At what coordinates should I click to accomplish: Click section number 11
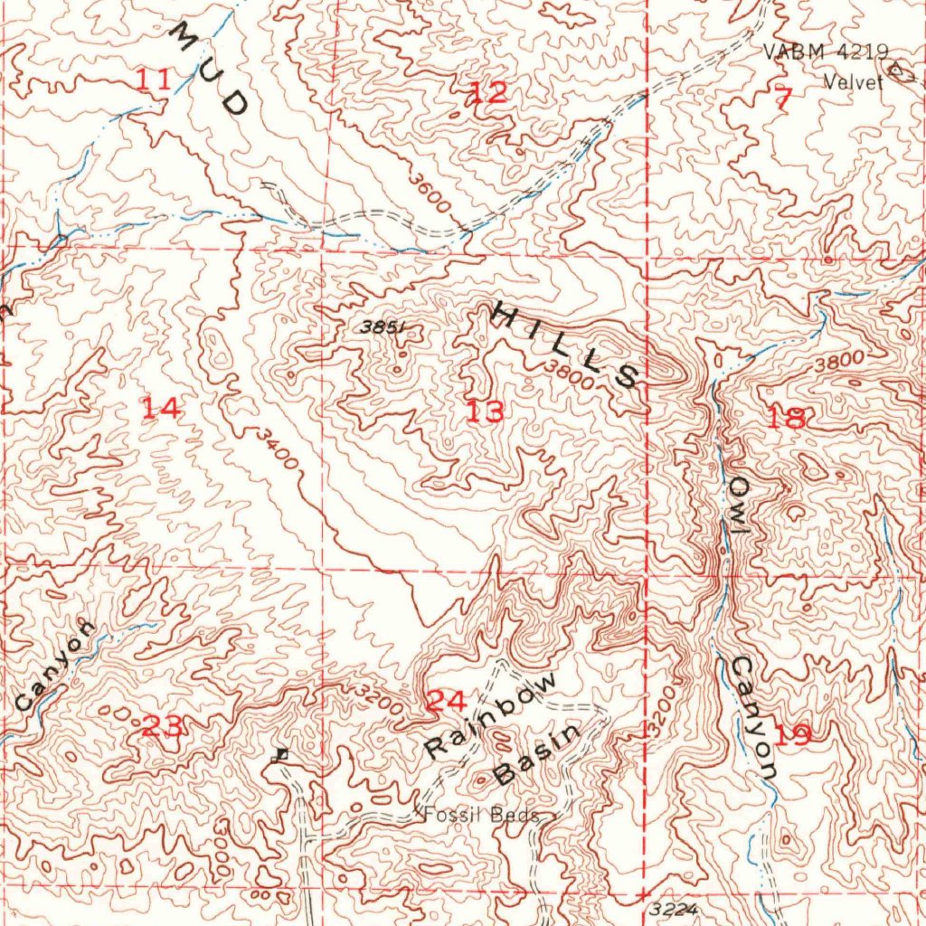pyautogui.click(x=153, y=80)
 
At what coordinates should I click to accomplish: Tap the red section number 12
pyautogui.click(x=487, y=91)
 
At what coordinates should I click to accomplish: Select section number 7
pyautogui.click(x=783, y=99)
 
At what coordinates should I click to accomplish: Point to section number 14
pyautogui.click(x=162, y=409)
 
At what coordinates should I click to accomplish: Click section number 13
pyautogui.click(x=485, y=412)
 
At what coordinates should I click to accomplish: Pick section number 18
pyautogui.click(x=786, y=418)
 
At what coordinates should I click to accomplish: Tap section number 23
pyautogui.click(x=164, y=724)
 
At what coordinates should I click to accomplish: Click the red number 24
pyautogui.click(x=447, y=701)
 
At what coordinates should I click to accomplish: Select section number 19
pyautogui.click(x=792, y=734)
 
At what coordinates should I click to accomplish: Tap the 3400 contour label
pyautogui.click(x=276, y=449)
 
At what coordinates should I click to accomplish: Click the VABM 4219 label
pyautogui.click(x=826, y=52)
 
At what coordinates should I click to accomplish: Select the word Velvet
pyautogui.click(x=852, y=82)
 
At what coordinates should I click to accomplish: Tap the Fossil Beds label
pyautogui.click(x=481, y=815)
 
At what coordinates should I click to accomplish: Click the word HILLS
pyautogui.click(x=566, y=345)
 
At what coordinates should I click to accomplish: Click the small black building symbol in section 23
pyautogui.click(x=281, y=754)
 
